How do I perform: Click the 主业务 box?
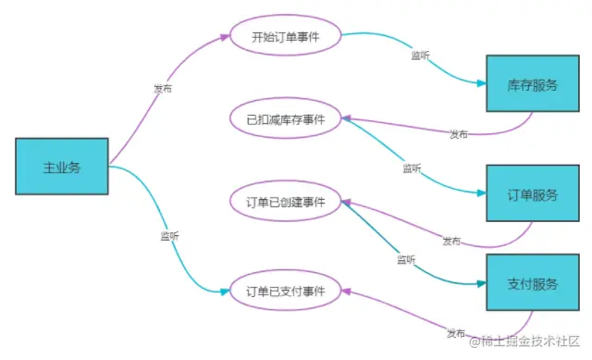pos(62,168)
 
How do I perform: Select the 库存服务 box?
pos(533,84)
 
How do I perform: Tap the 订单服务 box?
pos(533,194)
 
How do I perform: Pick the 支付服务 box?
pos(533,283)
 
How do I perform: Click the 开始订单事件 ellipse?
pos(285,37)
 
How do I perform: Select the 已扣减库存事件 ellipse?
pos(286,118)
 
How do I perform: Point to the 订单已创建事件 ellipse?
pos(286,202)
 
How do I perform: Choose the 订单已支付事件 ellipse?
pos(286,291)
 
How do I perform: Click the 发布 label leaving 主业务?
pos(163,89)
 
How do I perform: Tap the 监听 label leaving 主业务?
pos(169,237)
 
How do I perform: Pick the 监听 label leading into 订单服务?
pos(413,168)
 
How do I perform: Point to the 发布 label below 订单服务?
pos(451,242)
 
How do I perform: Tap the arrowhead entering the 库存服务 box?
pos(482,84)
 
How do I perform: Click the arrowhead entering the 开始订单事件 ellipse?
pos(222,38)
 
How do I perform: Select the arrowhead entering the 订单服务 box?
pos(482,194)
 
